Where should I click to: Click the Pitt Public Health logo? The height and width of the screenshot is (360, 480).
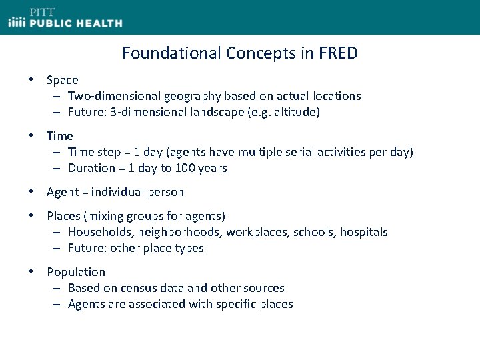pos(65,18)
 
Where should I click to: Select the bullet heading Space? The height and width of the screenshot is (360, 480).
pos(62,80)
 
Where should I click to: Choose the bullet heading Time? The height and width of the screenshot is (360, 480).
pos(60,136)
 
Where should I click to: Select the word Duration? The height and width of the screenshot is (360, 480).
pos(91,168)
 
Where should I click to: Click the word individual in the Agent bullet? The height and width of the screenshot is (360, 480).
pos(119,192)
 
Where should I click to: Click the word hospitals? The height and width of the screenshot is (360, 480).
pos(363,232)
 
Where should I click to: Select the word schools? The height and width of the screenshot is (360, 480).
pos(313,232)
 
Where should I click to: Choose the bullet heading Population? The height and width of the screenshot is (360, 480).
pos(76,272)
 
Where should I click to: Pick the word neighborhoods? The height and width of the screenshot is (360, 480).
pos(177,232)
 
